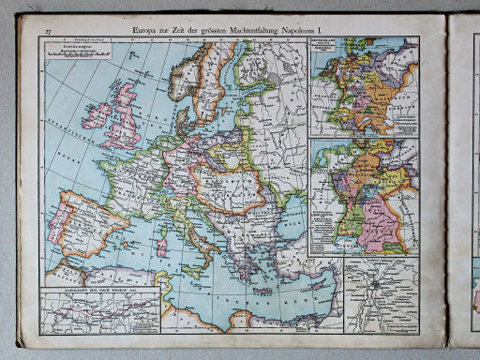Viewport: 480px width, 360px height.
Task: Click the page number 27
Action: (x=47, y=33)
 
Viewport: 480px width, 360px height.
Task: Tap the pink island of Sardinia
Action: (x=160, y=247)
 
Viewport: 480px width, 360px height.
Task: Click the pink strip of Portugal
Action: (x=58, y=230)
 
